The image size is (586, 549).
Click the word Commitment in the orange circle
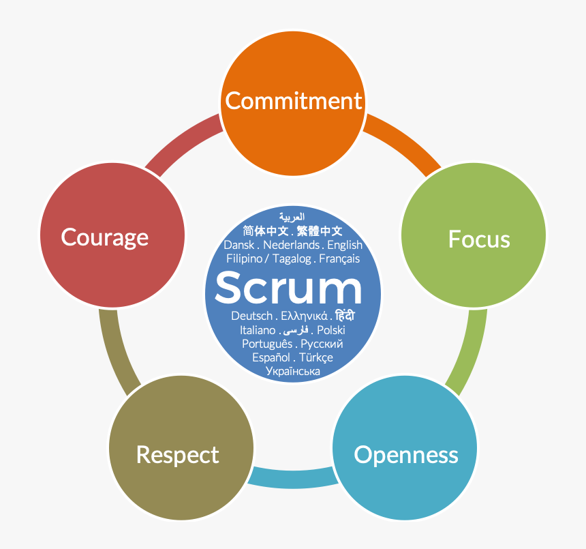point(293,101)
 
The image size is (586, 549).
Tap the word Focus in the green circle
point(478,239)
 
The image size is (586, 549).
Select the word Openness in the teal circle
point(405,454)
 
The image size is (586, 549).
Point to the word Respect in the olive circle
point(177,454)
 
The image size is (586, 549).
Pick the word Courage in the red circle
point(104,237)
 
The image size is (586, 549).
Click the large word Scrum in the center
point(288,288)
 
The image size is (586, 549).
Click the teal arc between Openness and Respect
point(293,477)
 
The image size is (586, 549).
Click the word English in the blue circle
point(345,245)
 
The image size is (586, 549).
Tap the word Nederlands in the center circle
point(291,245)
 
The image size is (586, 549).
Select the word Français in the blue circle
point(339,258)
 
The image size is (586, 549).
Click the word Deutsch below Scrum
point(251,316)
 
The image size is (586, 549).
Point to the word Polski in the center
point(331,330)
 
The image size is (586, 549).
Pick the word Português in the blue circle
point(267,344)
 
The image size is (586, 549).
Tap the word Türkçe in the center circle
point(316,357)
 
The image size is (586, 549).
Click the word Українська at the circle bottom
point(293,371)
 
